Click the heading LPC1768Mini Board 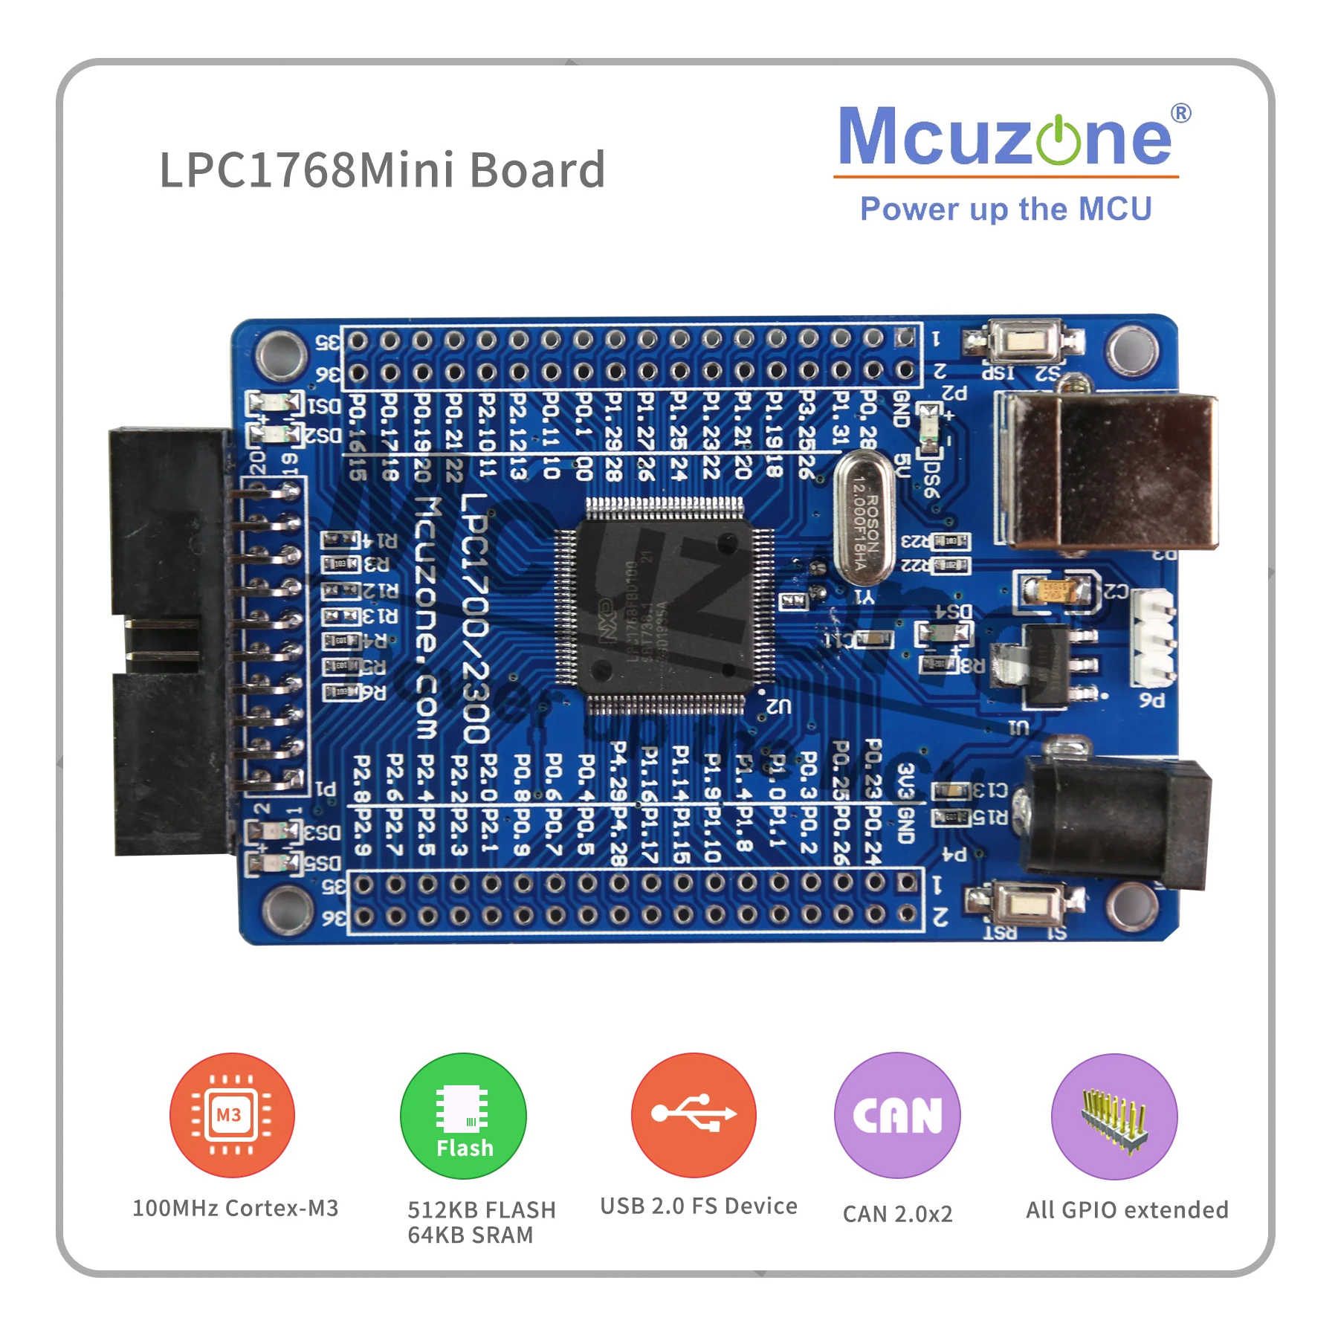382,170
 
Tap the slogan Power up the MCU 1005,209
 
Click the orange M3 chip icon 232,1114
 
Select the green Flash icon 463,1116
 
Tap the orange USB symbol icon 694,1114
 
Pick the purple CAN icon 897,1115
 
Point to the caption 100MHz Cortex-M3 235,1208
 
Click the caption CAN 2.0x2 897,1214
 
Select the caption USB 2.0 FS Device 698,1206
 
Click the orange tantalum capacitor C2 1055,592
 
